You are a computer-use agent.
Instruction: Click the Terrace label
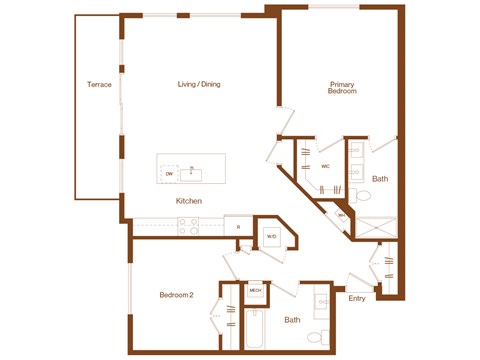99,84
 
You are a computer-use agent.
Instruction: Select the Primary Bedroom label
342,87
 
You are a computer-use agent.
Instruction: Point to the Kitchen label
189,201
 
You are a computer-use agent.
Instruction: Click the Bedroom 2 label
176,295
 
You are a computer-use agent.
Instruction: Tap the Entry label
356,298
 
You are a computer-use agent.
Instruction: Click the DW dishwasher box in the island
169,174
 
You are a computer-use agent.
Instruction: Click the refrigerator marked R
238,227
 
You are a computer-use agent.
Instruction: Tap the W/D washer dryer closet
271,236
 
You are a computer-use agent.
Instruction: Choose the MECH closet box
255,290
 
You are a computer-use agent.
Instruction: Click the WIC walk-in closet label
326,167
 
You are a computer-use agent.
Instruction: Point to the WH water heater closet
341,215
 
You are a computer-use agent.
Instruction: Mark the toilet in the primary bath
355,195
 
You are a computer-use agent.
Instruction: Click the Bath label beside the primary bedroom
380,179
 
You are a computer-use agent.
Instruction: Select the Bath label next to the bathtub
291,320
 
